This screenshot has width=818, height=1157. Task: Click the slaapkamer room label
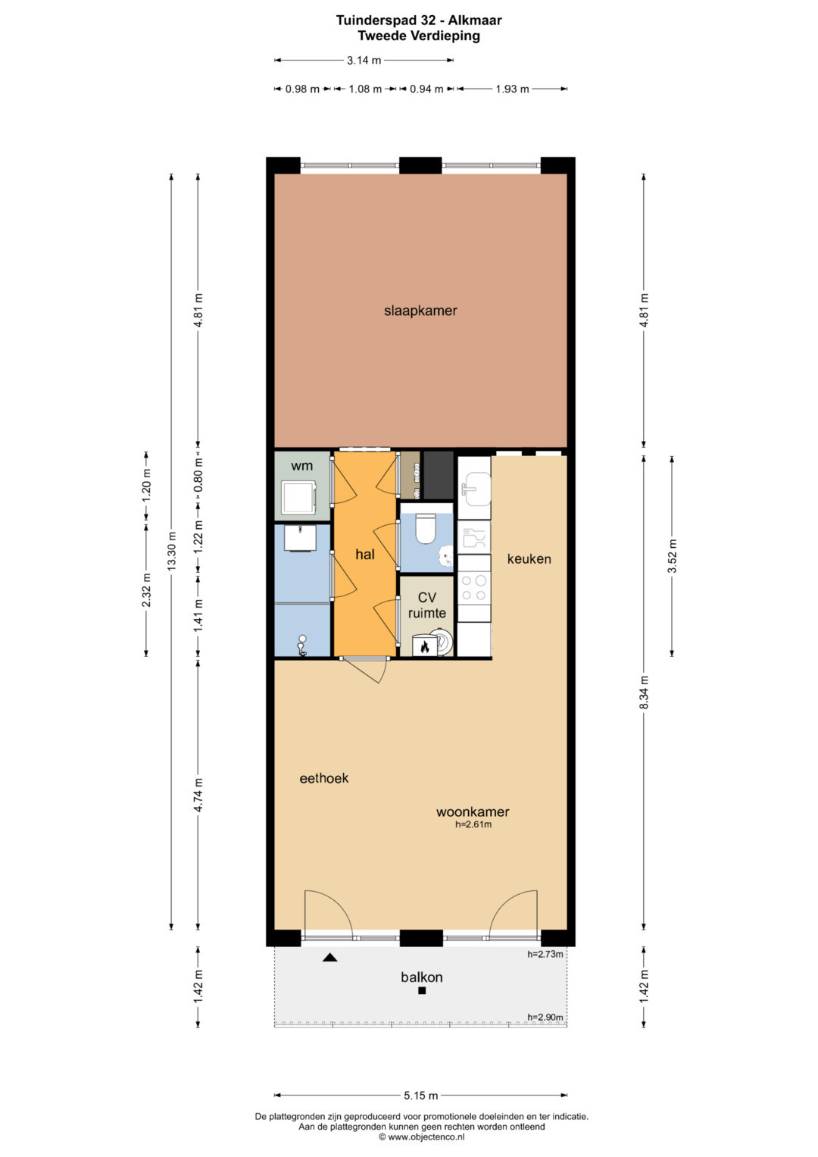pos(420,311)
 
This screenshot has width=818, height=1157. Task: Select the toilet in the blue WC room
pos(426,528)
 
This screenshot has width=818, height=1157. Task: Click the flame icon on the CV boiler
pos(424,646)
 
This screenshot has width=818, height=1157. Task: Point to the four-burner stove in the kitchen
pos(473,588)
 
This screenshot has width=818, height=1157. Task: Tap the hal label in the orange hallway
pos(365,555)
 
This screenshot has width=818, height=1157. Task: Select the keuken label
pos(529,559)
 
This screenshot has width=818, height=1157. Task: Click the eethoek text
pos(324,778)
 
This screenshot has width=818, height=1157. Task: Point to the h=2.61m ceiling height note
pos(473,824)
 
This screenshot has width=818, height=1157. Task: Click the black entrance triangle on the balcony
pos(330,958)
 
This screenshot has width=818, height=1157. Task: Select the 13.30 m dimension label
pos(172,552)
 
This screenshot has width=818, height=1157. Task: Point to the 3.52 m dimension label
pos(672,556)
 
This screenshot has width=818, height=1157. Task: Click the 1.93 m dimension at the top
pos(512,89)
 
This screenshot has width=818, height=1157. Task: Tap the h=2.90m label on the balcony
pos(545,1017)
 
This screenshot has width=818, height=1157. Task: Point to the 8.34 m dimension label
pos(644,693)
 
